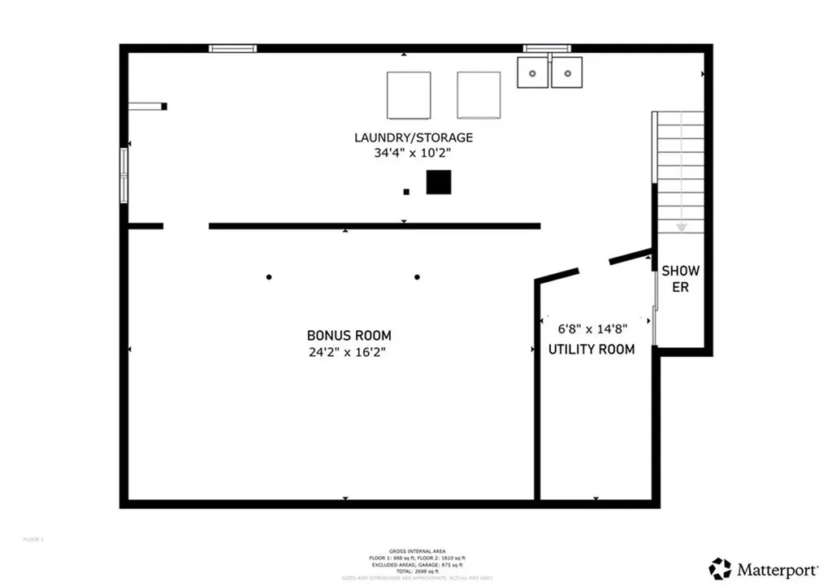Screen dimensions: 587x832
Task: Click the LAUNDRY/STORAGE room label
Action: [x=413, y=137]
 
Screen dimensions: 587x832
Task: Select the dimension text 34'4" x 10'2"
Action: [x=413, y=152]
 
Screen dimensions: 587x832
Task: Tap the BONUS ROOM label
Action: [x=349, y=335]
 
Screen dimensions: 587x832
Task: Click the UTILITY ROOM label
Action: [x=591, y=350]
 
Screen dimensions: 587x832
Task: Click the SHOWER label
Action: [x=680, y=279]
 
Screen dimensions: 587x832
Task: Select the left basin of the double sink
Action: [x=534, y=72]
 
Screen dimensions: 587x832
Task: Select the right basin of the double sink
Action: [x=566, y=72]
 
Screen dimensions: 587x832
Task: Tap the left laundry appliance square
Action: [x=409, y=95]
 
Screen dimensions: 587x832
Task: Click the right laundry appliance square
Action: [x=479, y=95]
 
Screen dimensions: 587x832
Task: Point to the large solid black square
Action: [x=438, y=182]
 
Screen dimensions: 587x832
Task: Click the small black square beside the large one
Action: [x=406, y=192]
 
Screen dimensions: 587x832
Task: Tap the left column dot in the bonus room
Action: [x=269, y=277]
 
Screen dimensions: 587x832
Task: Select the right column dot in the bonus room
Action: [x=417, y=277]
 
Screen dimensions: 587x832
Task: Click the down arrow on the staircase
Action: [x=682, y=227]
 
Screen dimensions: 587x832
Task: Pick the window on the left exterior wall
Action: [x=124, y=175]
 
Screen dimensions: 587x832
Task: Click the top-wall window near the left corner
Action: [x=232, y=49]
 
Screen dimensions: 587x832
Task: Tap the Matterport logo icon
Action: [x=720, y=568]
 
